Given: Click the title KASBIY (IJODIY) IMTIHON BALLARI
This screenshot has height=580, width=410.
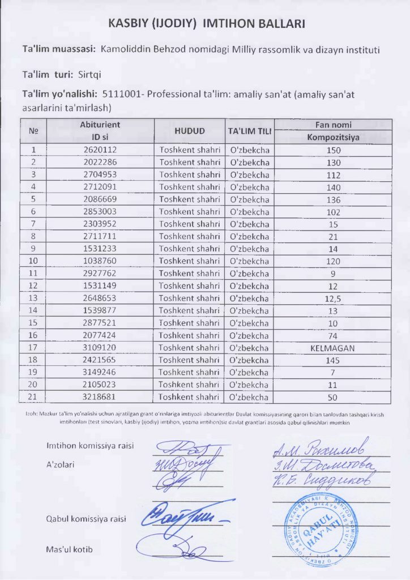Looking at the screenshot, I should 207,24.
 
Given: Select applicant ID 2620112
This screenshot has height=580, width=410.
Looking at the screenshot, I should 100,150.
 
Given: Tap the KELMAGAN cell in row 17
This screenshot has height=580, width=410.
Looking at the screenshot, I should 333,348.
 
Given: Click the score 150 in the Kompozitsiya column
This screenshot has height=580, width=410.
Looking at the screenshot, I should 334,150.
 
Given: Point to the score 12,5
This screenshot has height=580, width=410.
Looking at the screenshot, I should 334,298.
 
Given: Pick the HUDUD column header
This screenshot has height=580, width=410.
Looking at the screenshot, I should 190,131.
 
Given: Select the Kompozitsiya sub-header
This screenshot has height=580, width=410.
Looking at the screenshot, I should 334,137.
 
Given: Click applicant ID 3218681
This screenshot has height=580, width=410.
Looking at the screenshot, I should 100,397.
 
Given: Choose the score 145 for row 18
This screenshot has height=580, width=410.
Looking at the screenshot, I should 334,360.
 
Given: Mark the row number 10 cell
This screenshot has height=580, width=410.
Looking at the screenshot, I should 33,261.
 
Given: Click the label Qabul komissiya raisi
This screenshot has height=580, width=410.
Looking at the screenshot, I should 86,519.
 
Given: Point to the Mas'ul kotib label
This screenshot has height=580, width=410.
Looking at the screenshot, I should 69,549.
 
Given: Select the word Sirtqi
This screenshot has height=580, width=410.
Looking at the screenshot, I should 89,74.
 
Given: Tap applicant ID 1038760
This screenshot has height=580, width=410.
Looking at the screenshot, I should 100,261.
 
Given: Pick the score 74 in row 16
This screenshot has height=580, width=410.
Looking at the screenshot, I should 334,335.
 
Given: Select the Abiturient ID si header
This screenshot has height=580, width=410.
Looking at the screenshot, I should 100,130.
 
